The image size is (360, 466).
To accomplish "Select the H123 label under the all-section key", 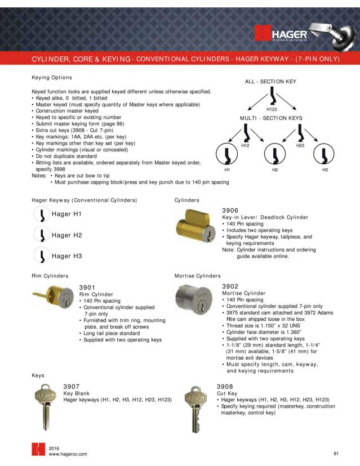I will (272, 109).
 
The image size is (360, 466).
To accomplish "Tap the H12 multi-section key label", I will (245, 145).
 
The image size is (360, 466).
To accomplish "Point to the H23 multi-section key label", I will (300, 145).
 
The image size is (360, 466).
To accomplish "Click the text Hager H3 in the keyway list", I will (67, 256).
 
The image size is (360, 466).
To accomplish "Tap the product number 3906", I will (231, 209).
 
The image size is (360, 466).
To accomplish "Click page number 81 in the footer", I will (336, 453).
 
